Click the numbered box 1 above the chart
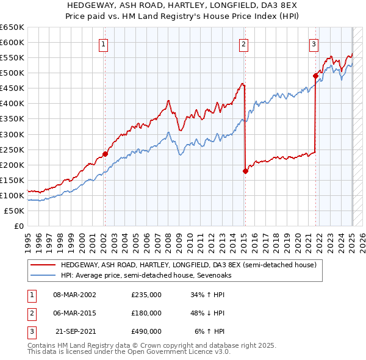tap(104, 43)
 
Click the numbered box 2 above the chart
tap(243, 43)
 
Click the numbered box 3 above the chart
tap(314, 43)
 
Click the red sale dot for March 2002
tap(105, 154)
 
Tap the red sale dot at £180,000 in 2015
tap(245, 171)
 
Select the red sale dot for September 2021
tap(316, 76)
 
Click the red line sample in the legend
tap(43, 265)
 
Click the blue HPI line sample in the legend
tap(43, 275)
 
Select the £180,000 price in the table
tap(146, 313)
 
